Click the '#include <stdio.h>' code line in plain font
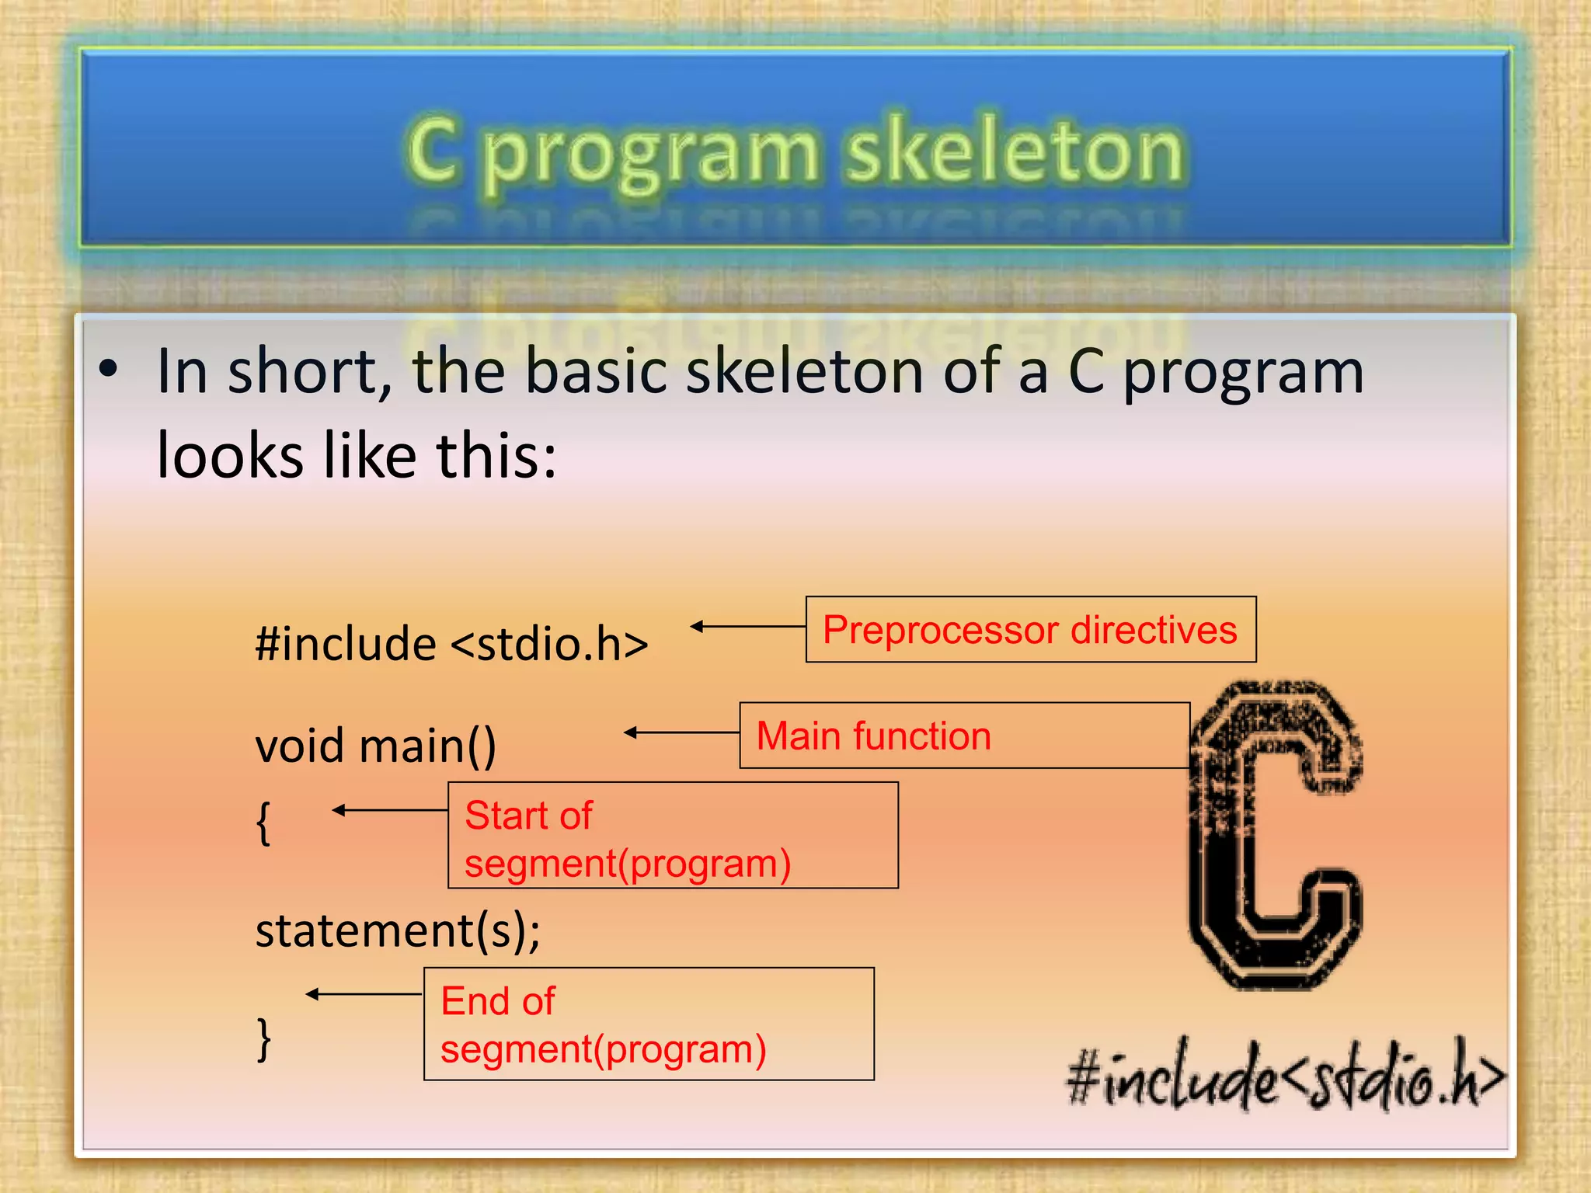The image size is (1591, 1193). [451, 644]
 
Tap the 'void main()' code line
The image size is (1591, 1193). [375, 746]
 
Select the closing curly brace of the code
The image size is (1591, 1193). [263, 1038]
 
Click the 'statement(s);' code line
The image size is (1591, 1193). [398, 930]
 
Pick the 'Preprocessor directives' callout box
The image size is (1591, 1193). [1030, 629]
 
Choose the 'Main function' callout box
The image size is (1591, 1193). [963, 736]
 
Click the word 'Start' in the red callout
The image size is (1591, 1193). [501, 816]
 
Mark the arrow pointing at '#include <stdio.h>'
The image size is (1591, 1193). [747, 626]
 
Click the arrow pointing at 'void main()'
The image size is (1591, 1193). [681, 732]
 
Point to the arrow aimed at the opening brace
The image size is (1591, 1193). [389, 810]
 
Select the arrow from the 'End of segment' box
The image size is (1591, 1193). [364, 994]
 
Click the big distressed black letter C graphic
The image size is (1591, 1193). [1274, 835]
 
